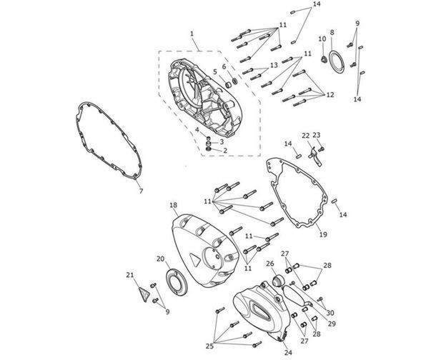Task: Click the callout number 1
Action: tap(192, 34)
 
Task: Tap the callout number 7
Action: tap(141, 191)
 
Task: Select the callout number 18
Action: tap(174, 205)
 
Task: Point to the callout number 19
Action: tap(323, 234)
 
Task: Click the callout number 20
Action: tap(160, 259)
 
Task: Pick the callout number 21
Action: tap(129, 275)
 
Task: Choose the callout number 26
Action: tap(269, 264)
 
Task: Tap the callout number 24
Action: tap(288, 352)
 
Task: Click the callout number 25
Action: tap(209, 346)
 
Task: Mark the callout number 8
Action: tap(332, 32)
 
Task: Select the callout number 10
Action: tap(322, 39)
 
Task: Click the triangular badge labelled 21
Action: tap(144, 294)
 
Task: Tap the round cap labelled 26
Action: tap(279, 281)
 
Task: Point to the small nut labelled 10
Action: tap(324, 59)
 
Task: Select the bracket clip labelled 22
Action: tap(316, 156)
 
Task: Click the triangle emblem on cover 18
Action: tap(194, 260)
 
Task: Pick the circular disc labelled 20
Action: tap(176, 282)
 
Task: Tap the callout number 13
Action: tap(274, 65)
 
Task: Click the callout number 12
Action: tap(330, 95)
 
